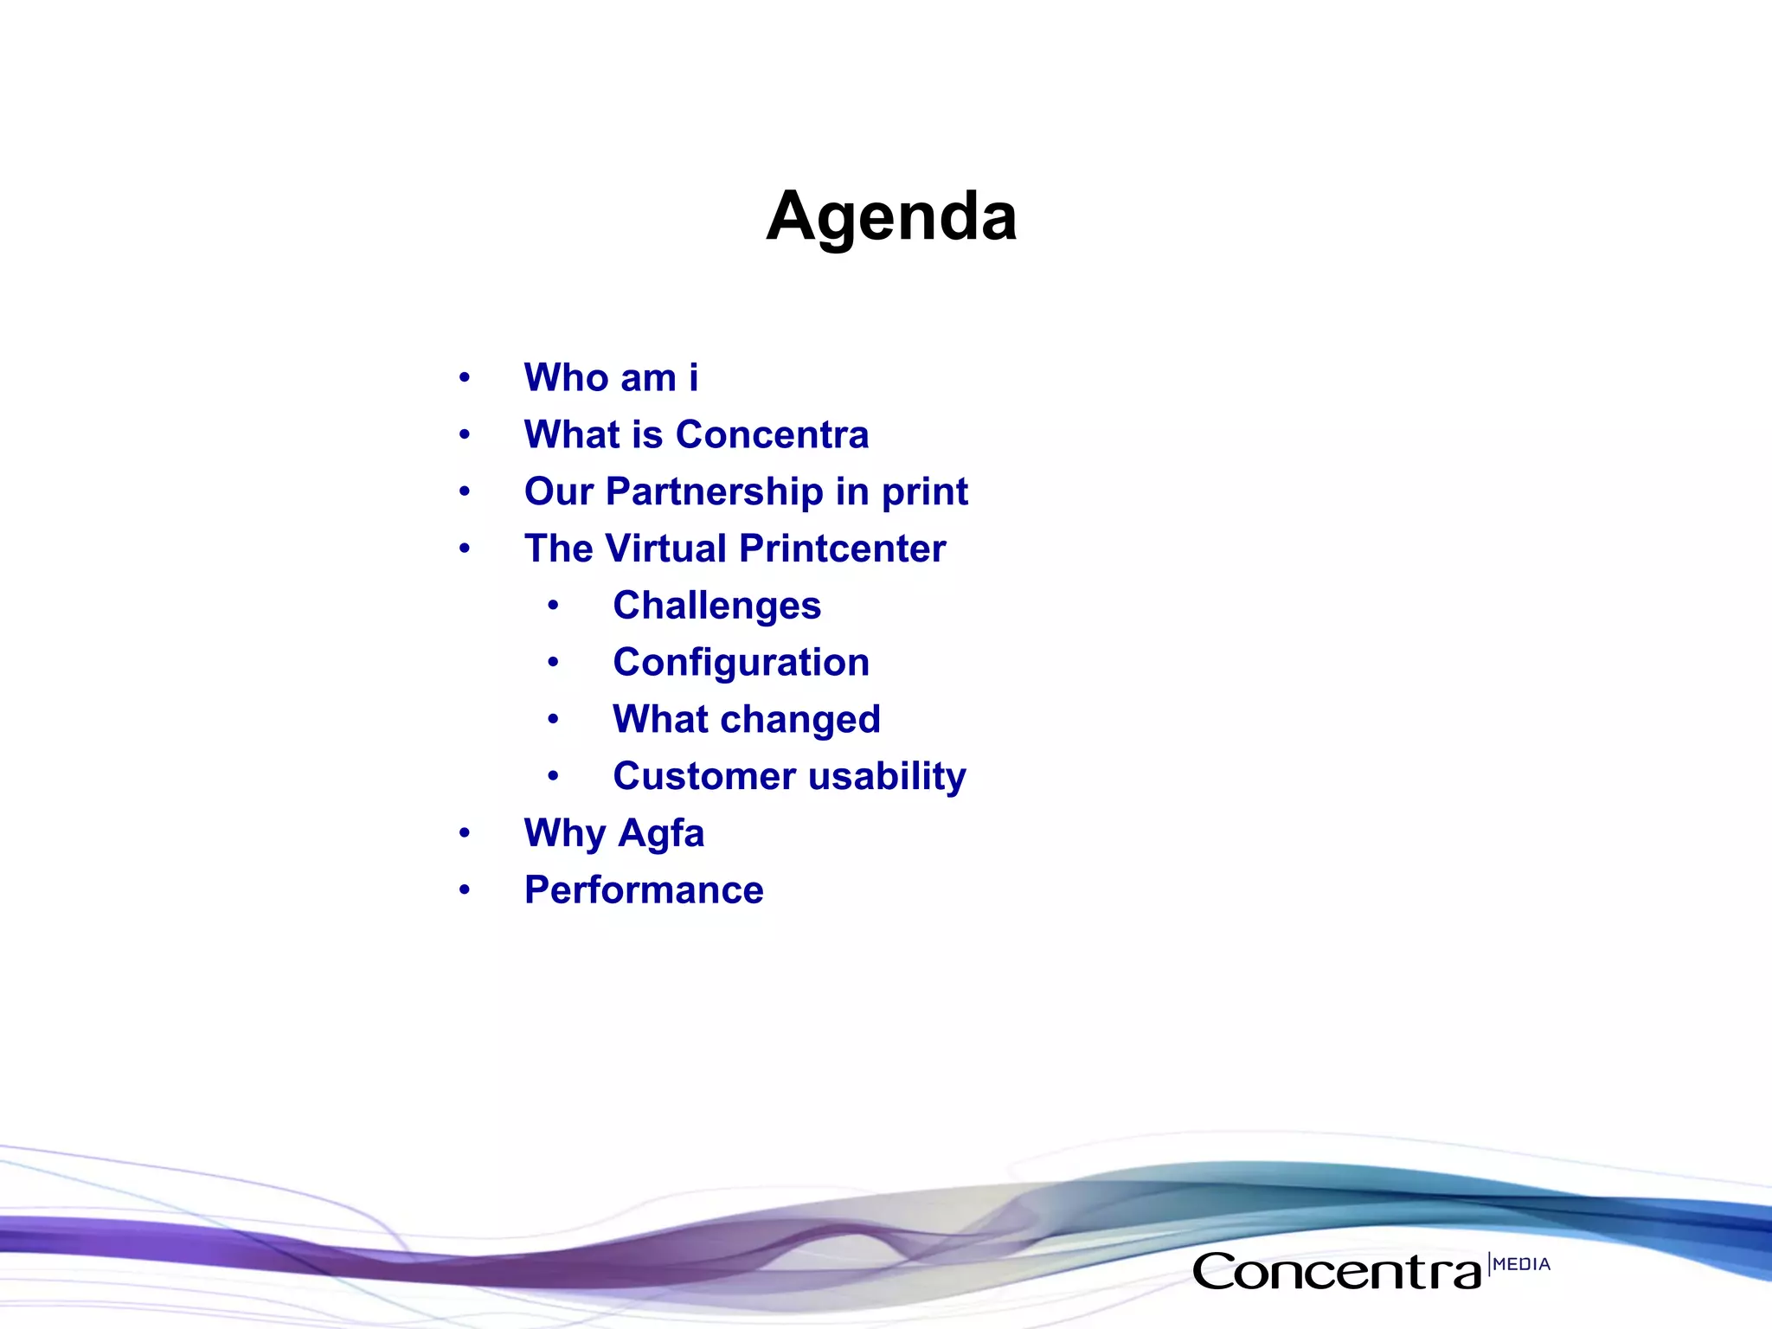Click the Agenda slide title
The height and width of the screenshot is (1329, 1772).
(x=891, y=216)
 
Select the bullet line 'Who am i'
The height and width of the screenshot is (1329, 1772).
(x=611, y=378)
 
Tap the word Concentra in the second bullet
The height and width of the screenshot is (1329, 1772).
(x=772, y=434)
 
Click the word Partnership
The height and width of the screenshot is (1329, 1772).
(x=715, y=492)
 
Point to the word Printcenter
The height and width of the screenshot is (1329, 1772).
(x=843, y=549)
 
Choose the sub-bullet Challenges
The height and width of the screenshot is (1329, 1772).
(x=716, y=606)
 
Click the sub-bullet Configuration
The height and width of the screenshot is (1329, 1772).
(x=741, y=663)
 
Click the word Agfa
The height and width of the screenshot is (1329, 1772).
(x=661, y=834)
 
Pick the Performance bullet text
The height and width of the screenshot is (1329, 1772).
(x=644, y=890)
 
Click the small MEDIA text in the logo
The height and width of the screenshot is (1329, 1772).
(x=1521, y=1264)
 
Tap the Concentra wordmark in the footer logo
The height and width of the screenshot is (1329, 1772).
(x=1337, y=1272)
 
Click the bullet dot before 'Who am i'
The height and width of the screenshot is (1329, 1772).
(x=465, y=378)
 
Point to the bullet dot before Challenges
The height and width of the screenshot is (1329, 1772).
(x=553, y=606)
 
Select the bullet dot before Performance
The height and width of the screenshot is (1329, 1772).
(x=465, y=890)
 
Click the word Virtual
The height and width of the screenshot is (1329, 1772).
(x=665, y=549)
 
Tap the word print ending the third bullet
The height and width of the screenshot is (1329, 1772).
(x=924, y=492)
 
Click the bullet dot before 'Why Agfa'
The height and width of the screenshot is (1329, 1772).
(x=465, y=833)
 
